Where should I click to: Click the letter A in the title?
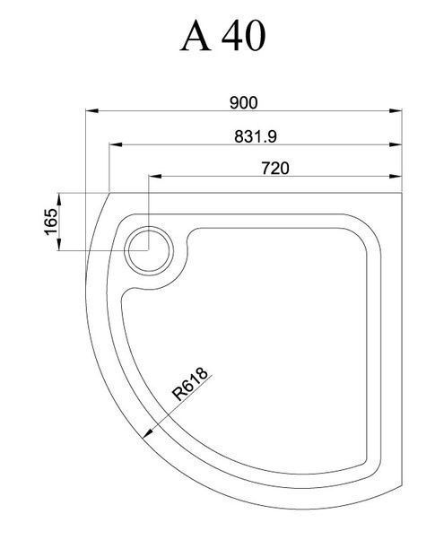[x=196, y=35]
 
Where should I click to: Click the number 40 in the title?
[x=243, y=35]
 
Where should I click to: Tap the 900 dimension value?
[x=243, y=102]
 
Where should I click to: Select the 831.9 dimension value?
[x=256, y=136]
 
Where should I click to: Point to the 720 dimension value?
[x=275, y=169]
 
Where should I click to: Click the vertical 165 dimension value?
[x=51, y=222]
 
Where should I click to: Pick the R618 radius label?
[x=190, y=384]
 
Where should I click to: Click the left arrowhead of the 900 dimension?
[x=92, y=110]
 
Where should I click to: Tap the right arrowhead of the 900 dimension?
[x=396, y=110]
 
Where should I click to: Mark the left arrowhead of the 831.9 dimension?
[x=116, y=144]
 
